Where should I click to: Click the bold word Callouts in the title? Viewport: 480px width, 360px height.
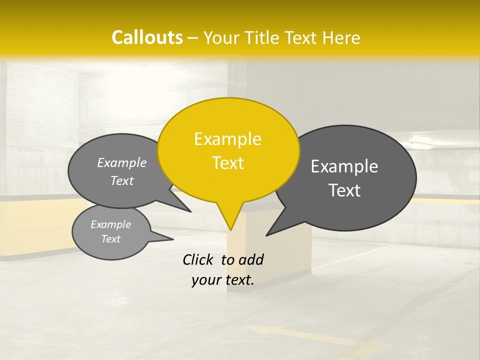[x=147, y=37]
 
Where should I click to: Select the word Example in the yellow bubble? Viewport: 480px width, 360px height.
[x=227, y=139]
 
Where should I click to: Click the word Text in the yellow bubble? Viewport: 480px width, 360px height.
[x=227, y=163]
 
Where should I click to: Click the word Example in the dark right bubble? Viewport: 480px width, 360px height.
[x=344, y=166]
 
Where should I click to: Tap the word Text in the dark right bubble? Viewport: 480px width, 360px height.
[x=344, y=190]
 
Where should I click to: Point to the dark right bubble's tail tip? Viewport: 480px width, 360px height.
[x=266, y=235]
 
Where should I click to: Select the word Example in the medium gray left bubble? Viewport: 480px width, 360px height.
[x=122, y=162]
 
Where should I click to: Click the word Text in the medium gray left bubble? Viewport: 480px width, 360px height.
[x=122, y=180]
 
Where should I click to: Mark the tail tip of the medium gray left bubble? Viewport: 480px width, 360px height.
[x=191, y=211]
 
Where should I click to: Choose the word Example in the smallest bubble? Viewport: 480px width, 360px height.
[x=110, y=224]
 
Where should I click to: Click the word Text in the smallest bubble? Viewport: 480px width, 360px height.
[x=110, y=239]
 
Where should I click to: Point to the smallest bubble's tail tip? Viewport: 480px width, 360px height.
[x=173, y=239]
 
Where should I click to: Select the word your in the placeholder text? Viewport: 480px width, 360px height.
[x=205, y=280]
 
